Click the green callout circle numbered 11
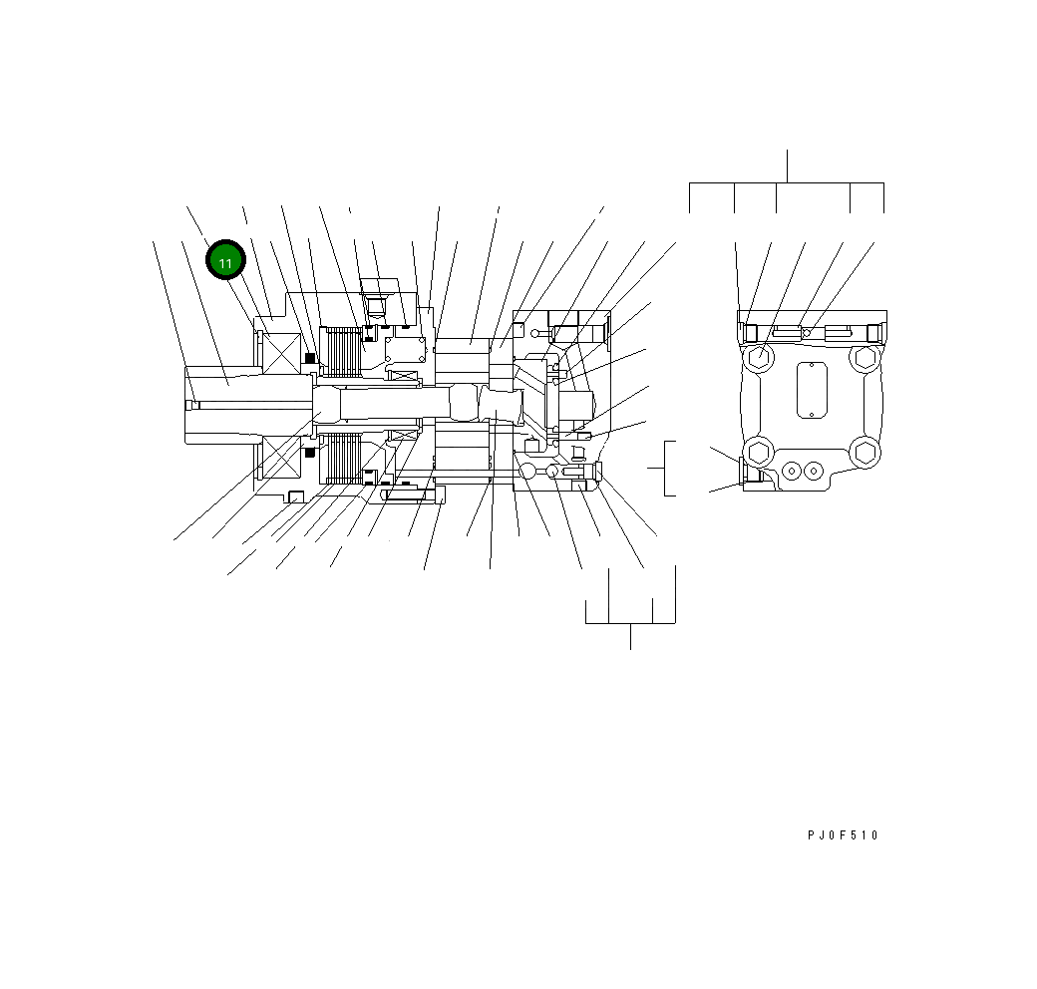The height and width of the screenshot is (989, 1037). click(225, 262)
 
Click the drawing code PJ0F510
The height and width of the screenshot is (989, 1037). click(843, 835)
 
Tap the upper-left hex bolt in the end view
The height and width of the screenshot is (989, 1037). click(758, 356)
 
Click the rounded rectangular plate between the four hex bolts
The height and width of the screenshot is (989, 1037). click(811, 390)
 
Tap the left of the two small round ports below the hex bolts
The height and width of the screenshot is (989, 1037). click(794, 470)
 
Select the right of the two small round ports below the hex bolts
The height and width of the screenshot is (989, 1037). click(814, 470)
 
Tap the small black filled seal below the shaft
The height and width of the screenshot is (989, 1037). click(310, 452)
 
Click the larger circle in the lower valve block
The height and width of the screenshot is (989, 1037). click(528, 471)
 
